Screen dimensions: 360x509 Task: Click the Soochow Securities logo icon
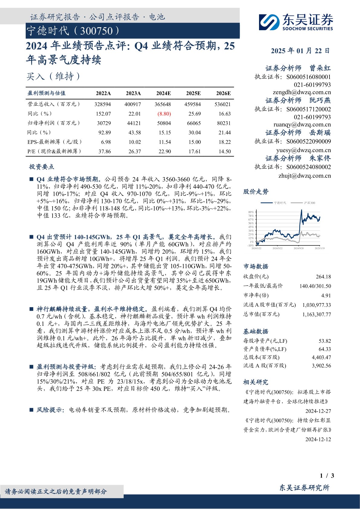coord(269,22)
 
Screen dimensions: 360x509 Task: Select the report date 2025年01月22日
coord(300,51)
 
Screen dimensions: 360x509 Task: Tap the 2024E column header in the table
coord(163,93)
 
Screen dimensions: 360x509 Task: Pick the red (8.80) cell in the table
coord(164,114)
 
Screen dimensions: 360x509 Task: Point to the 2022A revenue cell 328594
coord(102,104)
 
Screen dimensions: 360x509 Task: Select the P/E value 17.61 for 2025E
coord(194,151)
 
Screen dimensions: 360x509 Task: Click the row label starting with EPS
coord(54,142)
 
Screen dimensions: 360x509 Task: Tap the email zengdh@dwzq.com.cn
coord(302,92)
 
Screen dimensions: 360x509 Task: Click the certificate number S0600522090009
coord(308,141)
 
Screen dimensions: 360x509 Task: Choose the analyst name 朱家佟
coord(320,158)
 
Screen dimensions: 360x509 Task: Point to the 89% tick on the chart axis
coord(251,212)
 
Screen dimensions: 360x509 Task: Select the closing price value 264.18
coord(323,277)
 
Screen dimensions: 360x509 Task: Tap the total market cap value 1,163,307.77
coord(316,314)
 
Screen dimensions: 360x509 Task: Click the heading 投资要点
coord(42,167)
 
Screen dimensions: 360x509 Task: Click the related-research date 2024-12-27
coord(318,411)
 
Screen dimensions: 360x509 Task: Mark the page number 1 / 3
coord(327,476)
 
